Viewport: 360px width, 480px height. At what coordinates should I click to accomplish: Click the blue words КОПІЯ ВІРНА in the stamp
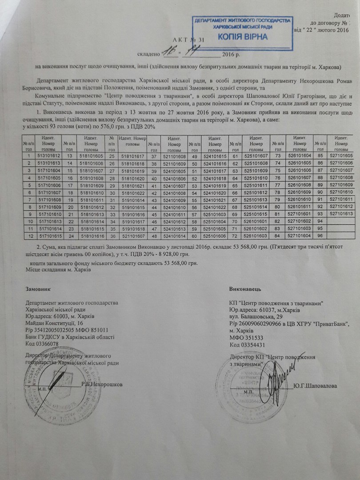243,36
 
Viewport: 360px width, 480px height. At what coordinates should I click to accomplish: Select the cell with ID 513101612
49,156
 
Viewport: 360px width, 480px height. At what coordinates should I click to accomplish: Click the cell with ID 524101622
215,207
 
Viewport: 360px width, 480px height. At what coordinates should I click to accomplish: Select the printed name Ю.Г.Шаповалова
315,385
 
